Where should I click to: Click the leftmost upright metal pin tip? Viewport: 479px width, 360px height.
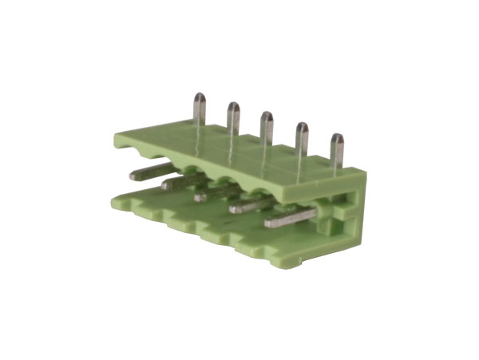[x=199, y=101]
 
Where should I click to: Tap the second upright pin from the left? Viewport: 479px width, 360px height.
[x=233, y=110]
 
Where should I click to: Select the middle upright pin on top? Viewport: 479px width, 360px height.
[x=267, y=120]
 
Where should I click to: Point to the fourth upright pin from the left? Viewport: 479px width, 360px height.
[x=303, y=130]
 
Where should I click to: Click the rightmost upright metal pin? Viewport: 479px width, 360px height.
[x=337, y=142]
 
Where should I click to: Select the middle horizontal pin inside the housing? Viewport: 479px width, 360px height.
[x=209, y=194]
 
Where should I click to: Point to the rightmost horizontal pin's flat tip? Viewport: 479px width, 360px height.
[x=271, y=221]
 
